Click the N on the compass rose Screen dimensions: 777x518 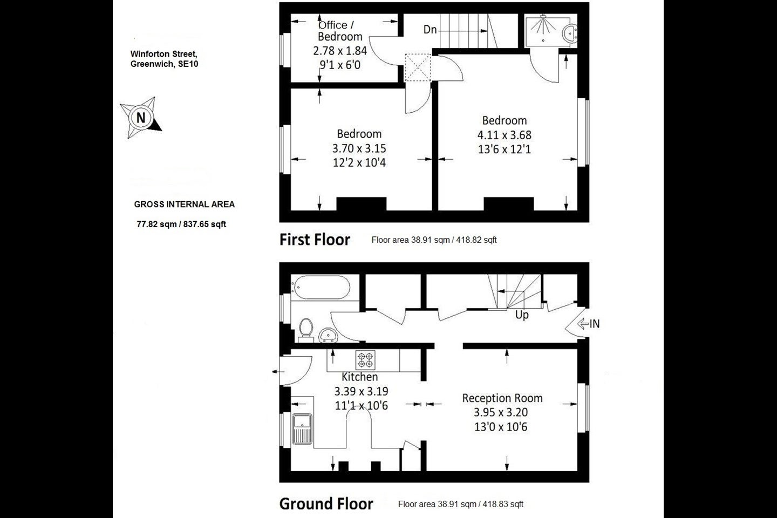pyautogui.click(x=141, y=118)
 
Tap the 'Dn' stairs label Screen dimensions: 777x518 pyautogui.click(x=430, y=30)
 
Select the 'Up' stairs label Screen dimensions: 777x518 pyautogui.click(x=522, y=315)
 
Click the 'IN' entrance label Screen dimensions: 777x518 pyautogui.click(x=595, y=324)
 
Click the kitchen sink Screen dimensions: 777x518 pyautogui.click(x=303, y=429)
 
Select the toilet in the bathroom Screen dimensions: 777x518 pyautogui.click(x=305, y=329)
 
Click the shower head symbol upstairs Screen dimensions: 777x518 pyautogui.click(x=543, y=16)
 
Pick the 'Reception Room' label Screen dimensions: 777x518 pyautogui.click(x=502, y=398)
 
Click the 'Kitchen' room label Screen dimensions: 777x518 pyautogui.click(x=360, y=377)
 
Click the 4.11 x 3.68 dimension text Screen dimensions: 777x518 pyautogui.click(x=505, y=135)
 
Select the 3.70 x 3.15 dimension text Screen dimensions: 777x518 pyautogui.click(x=359, y=148)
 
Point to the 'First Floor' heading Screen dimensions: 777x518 pyautogui.click(x=315, y=240)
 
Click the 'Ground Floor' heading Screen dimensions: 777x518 pyautogui.click(x=326, y=504)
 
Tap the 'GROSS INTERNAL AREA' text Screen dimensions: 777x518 pyautogui.click(x=185, y=205)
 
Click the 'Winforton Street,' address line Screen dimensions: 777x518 pyautogui.click(x=163, y=54)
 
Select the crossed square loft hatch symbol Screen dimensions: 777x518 pyautogui.click(x=418, y=67)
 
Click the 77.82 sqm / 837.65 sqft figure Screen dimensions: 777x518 pyautogui.click(x=181, y=224)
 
